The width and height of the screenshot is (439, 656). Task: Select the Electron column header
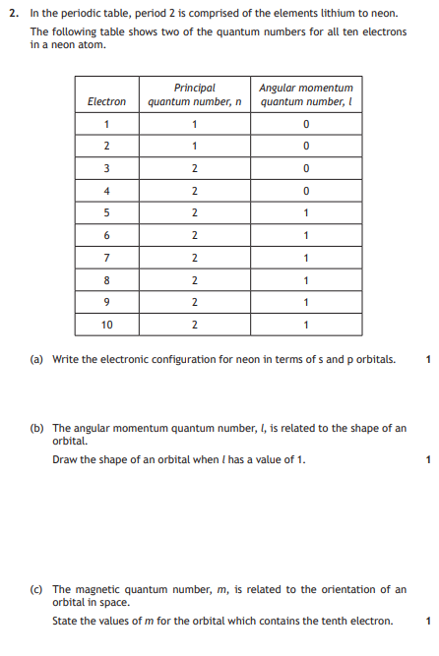tap(106, 101)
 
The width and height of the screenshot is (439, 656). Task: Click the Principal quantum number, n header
tap(194, 94)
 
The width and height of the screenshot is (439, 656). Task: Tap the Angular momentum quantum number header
tap(306, 94)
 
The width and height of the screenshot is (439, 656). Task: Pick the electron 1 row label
tap(106, 124)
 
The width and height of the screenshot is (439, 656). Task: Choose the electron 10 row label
tap(106, 325)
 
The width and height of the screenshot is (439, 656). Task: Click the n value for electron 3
tap(194, 168)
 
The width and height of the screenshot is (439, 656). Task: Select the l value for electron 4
tap(306, 191)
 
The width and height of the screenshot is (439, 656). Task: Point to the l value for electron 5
tap(306, 212)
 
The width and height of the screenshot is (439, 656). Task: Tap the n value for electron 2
tap(194, 147)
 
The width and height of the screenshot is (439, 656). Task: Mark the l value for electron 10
tap(306, 325)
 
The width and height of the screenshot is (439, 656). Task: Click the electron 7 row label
tap(106, 258)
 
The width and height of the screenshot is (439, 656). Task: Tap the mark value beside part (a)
tap(428, 359)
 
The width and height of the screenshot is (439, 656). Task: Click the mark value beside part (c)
tap(428, 621)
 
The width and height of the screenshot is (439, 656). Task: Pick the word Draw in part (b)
tap(65, 459)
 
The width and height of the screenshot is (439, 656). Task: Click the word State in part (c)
tap(66, 621)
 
